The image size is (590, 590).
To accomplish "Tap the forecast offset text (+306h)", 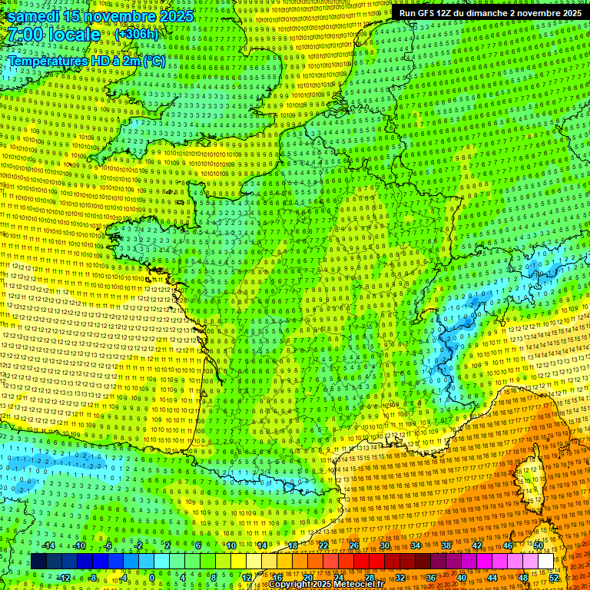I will coord(136,35).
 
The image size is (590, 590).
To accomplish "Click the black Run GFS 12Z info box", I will coord(490,13).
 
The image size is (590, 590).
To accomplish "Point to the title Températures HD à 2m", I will coord(87,61).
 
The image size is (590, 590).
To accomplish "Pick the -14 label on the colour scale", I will coord(50,545).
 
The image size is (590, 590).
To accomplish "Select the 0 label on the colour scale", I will coord(152,577).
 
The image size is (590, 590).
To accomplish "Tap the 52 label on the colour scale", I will coord(554,577).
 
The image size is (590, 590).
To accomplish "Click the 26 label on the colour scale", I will coord(354,545).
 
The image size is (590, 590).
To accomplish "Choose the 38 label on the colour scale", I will coord(446,545).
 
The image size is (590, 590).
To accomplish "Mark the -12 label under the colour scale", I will coord(65,577).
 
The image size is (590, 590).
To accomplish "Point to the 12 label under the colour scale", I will coord(247,577).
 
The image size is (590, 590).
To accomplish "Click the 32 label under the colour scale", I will coord(400,577).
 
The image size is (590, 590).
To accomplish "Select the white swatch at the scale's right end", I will coord(545,562).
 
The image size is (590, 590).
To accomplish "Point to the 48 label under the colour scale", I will coord(523,577).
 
